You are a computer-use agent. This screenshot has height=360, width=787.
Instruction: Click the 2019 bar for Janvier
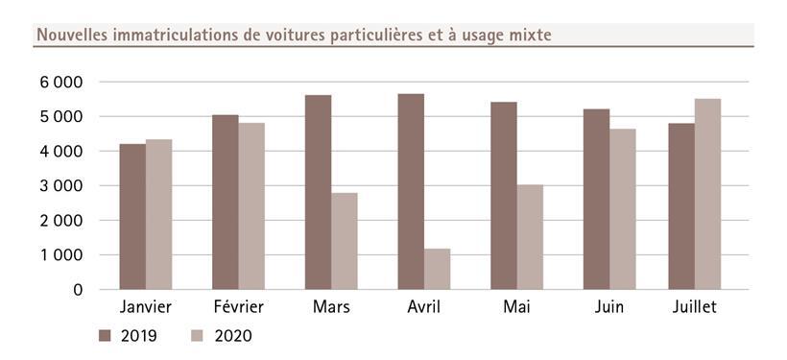coord(132,216)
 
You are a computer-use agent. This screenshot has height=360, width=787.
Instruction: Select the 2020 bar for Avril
coord(437,269)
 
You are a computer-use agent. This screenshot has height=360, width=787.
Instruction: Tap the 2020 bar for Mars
coord(345,241)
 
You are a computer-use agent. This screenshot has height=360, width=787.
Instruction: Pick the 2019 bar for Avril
coord(411,191)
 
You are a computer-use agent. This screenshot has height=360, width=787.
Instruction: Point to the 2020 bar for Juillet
coord(707,194)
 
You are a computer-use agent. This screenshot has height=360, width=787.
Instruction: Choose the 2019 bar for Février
coord(226,202)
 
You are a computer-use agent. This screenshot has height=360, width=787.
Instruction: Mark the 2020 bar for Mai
coord(530,237)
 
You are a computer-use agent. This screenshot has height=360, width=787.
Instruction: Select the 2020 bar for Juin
coord(622,209)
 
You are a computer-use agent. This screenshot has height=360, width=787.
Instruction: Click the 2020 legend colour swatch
coord(198,336)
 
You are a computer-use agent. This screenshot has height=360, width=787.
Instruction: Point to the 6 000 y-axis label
coord(61,83)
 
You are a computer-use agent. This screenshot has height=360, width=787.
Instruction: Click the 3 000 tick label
coord(61,186)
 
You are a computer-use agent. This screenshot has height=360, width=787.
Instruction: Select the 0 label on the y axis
coord(77,290)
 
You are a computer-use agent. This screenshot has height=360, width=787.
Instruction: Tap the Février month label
coord(238,307)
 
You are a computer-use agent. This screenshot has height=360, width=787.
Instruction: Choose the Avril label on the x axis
coord(424,307)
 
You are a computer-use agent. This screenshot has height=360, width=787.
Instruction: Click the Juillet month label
coord(695,307)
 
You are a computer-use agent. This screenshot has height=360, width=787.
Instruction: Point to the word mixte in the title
coord(529,36)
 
